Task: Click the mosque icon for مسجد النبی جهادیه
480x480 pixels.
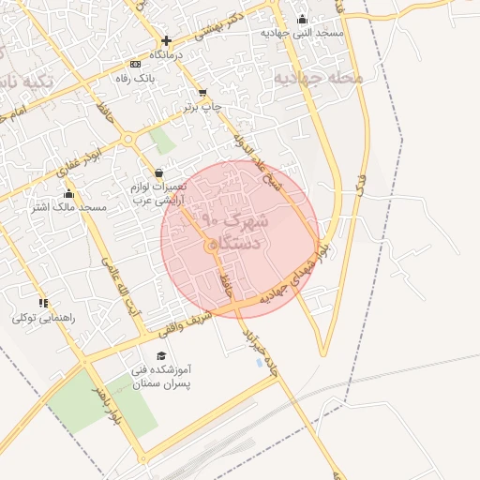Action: coord(302,19)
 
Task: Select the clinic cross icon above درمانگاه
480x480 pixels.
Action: coord(166,41)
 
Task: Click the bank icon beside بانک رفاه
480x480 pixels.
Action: coord(137,65)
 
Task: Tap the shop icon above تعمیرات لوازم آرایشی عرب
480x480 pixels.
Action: coord(157,172)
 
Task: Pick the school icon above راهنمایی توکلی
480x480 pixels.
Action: coord(43,303)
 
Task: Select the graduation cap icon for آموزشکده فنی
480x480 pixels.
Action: coord(161,356)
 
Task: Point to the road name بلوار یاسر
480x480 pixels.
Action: coord(102,402)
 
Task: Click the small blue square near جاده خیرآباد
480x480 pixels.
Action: coord(260,361)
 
